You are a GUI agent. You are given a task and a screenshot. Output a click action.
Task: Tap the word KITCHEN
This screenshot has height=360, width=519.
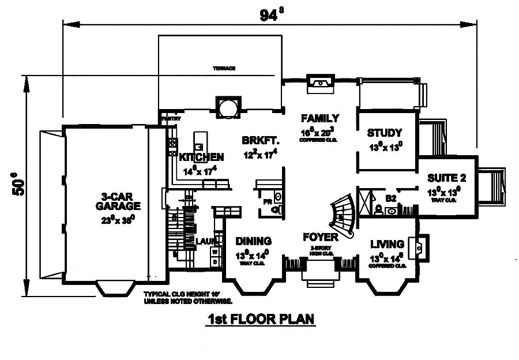[x=201, y=157]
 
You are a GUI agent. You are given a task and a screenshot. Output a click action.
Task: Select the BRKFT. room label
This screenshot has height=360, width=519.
[x=261, y=140]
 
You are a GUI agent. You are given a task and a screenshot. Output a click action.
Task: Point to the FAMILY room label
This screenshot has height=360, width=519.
[x=320, y=118]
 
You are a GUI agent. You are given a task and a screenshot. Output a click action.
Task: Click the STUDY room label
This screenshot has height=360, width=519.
[x=385, y=133]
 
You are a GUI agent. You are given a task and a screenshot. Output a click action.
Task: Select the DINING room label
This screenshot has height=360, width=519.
[x=254, y=241]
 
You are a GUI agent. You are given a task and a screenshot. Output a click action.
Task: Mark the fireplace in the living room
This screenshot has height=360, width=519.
[x=418, y=246]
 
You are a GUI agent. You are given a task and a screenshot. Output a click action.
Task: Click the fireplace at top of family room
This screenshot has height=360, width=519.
[x=319, y=84]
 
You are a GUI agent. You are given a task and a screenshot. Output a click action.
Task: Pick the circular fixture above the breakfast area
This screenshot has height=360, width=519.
[x=227, y=107]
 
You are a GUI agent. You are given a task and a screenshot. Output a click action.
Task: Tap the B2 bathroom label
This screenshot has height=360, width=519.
[x=391, y=198]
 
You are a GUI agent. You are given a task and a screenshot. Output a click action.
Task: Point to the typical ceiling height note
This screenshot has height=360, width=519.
[x=188, y=298]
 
